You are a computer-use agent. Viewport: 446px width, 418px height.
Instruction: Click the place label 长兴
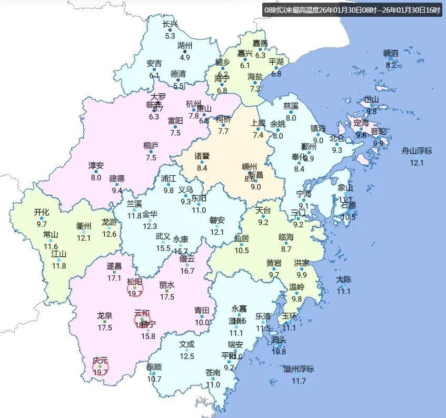click(x=170, y=24)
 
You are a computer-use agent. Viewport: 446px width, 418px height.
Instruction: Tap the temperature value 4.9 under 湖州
click(x=185, y=57)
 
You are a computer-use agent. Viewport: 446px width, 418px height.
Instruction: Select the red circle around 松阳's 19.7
click(x=135, y=288)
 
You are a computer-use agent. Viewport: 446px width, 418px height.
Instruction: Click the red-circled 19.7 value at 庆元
click(x=100, y=372)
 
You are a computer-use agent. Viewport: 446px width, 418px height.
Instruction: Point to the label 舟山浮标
click(x=417, y=151)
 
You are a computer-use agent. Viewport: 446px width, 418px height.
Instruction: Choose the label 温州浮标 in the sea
click(x=299, y=369)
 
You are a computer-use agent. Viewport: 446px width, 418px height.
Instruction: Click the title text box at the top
click(x=352, y=10)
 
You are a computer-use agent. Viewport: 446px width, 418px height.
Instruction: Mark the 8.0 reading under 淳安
click(x=96, y=178)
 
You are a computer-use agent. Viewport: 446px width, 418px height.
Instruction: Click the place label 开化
click(x=42, y=212)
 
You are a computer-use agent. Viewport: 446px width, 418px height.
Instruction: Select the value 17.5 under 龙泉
click(x=105, y=328)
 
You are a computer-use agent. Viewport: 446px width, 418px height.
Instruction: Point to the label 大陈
click(x=344, y=280)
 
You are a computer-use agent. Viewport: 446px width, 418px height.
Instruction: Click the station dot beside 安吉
click(x=154, y=70)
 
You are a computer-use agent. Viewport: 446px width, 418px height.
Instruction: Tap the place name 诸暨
click(x=202, y=156)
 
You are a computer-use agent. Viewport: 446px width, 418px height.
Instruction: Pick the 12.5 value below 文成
click(x=187, y=356)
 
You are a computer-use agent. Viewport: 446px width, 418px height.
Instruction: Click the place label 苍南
click(x=213, y=373)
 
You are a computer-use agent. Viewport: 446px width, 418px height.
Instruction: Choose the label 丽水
click(x=167, y=285)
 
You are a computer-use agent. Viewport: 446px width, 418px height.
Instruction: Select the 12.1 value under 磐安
click(x=217, y=232)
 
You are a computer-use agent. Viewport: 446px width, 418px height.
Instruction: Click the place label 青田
click(x=202, y=311)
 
